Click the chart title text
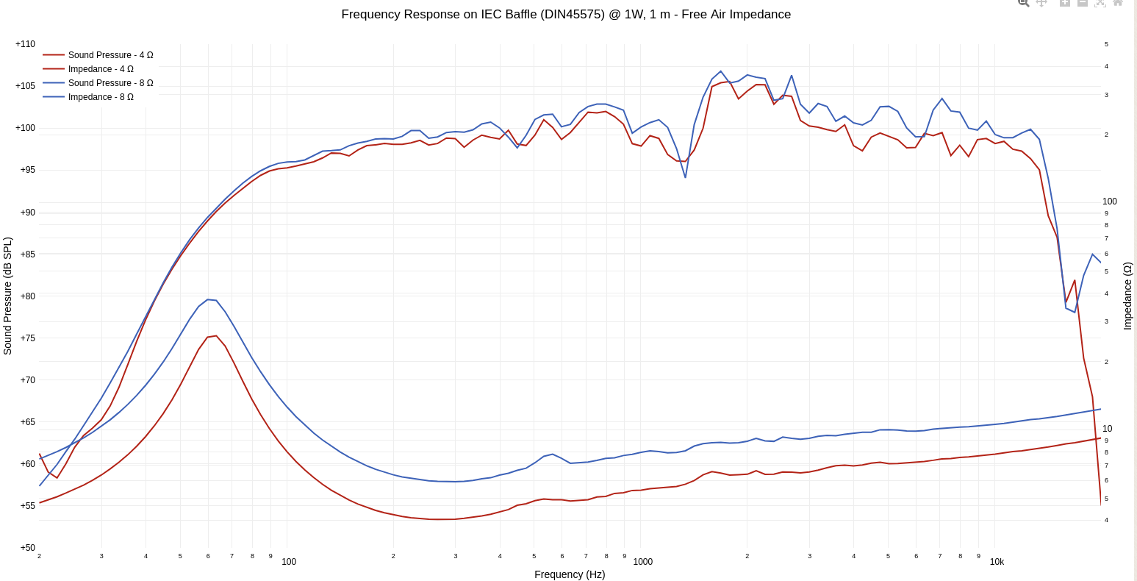[566, 15]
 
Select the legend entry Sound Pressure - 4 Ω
[110, 55]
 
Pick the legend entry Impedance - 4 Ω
[101, 69]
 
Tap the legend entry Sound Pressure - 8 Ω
[110, 83]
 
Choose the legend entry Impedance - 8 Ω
[101, 97]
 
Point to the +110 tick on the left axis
[25, 44]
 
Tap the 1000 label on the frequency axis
[642, 562]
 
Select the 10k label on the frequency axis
[997, 562]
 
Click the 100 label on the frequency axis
[289, 562]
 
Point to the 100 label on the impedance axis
[1109, 202]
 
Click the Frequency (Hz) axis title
[570, 574]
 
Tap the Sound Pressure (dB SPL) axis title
[8, 296]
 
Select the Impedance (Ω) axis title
[1127, 296]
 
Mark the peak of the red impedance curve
[216, 336]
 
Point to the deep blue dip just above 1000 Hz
[686, 177]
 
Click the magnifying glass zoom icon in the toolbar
[1023, 3]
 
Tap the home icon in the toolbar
[1117, 3]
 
